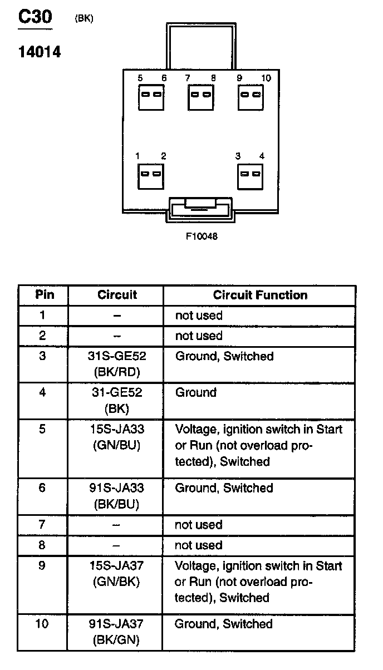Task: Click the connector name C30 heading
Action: click(x=35, y=17)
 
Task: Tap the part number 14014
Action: click(x=39, y=53)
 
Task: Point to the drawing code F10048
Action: click(x=202, y=236)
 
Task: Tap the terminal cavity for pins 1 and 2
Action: click(x=151, y=176)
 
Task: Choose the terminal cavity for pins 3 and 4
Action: click(x=250, y=176)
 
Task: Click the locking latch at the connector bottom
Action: click(x=200, y=210)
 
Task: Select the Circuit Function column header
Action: click(x=260, y=295)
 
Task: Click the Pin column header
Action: click(x=45, y=295)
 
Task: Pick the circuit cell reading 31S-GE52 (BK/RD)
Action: click(x=117, y=363)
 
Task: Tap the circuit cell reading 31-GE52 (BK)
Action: click(x=117, y=400)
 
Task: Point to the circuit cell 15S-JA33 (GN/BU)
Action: click(x=117, y=437)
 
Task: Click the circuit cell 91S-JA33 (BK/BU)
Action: click(x=117, y=496)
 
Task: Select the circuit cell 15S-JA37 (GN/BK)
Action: click(x=117, y=574)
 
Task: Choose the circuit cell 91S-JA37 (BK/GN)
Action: click(x=117, y=632)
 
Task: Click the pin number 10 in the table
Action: click(x=42, y=624)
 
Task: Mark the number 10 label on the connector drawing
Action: click(x=266, y=78)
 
